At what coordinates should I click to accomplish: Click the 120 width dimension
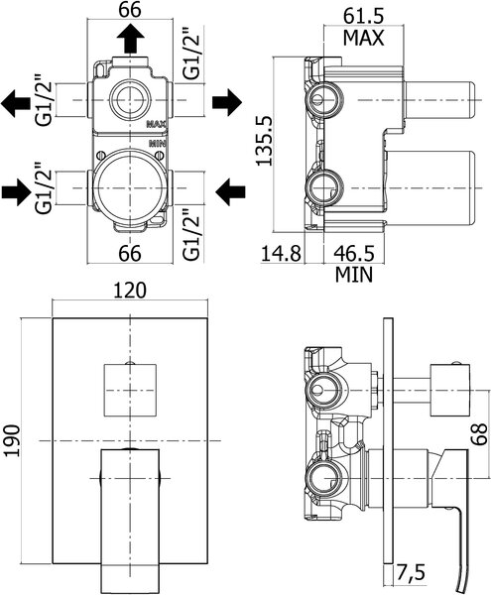[130, 291]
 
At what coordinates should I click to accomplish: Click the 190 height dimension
[13, 440]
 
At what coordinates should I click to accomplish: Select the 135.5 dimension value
[265, 141]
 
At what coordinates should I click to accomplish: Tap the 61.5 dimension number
[363, 16]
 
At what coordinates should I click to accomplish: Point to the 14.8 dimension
[281, 253]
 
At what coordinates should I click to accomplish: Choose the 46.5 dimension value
[354, 253]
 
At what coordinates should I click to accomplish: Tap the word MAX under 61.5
[363, 38]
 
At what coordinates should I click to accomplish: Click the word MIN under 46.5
[354, 275]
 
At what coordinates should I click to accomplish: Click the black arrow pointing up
[131, 38]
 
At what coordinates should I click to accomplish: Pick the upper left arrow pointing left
[16, 103]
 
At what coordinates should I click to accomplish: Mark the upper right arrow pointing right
[227, 102]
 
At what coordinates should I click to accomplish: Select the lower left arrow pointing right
[16, 192]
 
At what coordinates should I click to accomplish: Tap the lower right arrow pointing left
[230, 192]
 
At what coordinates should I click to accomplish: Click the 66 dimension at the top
[130, 10]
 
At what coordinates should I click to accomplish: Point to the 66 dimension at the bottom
[130, 253]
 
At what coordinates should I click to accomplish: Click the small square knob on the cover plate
[130, 390]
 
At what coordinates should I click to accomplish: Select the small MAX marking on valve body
[157, 123]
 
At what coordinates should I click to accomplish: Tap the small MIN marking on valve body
[158, 144]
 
